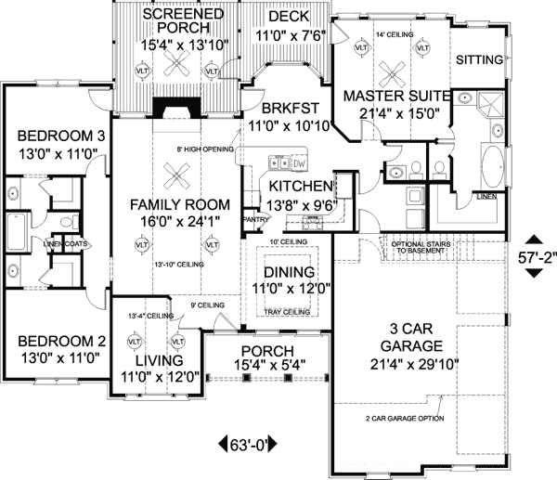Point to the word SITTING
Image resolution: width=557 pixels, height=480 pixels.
(x=480, y=59)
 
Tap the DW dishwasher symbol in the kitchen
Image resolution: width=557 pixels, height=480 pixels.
(x=299, y=164)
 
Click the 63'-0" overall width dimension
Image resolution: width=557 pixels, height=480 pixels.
(x=246, y=443)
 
